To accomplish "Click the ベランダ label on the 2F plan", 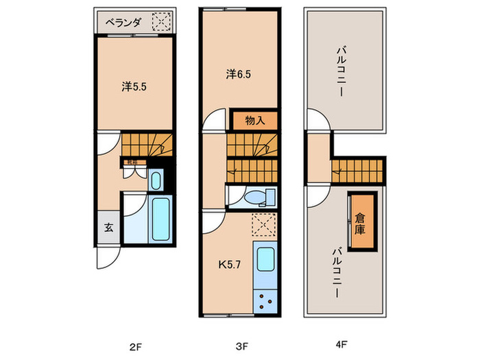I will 124,22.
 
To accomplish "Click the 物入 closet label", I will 255,121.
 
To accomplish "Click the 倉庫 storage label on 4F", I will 361,225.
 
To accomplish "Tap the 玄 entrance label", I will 108,228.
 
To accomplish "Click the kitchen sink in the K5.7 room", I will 264,260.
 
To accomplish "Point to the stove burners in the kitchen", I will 264,300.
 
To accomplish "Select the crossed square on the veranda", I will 161,23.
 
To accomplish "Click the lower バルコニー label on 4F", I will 337,272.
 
